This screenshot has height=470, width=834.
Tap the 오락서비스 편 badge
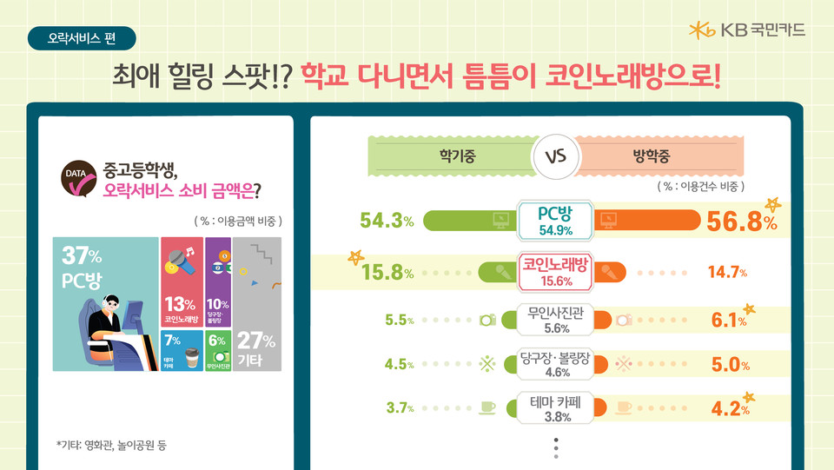click(82, 38)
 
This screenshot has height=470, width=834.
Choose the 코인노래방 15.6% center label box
click(556, 270)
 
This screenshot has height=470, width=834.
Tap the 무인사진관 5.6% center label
click(556, 320)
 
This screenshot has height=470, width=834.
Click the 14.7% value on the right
click(727, 271)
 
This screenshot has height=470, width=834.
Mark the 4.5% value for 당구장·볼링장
click(399, 363)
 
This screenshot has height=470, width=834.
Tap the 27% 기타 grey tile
click(257, 304)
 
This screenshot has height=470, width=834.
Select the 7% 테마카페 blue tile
click(181, 351)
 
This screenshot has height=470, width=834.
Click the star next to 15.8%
click(354, 257)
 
